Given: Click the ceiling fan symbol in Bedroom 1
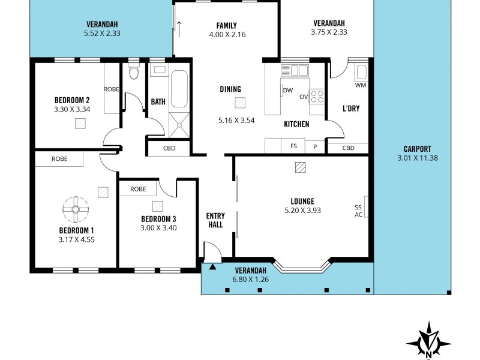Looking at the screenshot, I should pos(76,209).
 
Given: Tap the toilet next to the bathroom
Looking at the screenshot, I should pos(133,74).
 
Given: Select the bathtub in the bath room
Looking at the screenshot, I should pos(179,89).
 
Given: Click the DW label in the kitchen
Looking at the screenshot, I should pos(287,91).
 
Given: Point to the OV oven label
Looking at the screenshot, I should pos(304,97).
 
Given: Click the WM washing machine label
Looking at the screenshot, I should pos(360,85).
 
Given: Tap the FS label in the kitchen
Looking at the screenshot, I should pos(293,146).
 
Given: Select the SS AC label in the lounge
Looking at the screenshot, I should pos(358,211).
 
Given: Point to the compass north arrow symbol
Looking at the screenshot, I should pos(428,342).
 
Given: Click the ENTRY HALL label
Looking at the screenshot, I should pos(215,220).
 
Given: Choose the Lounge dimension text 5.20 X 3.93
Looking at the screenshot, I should pos(303,211).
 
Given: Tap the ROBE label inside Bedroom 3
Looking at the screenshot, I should pos(138,189).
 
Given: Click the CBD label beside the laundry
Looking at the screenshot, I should pos(348,148).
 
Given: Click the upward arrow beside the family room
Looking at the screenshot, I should pos(179,28).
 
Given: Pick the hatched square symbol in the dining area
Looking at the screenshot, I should pos(240,103).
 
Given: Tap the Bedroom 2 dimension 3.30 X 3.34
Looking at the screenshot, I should pos(72,109).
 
